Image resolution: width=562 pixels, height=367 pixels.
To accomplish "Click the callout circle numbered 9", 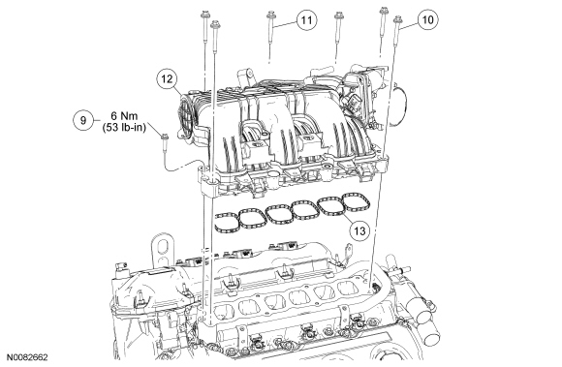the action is (x=83, y=120).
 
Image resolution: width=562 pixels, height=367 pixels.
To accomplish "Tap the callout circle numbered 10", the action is (x=428, y=19).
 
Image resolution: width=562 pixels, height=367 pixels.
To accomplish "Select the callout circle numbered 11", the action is (x=306, y=20).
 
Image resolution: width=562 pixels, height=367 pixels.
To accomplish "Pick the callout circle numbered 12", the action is (x=167, y=78).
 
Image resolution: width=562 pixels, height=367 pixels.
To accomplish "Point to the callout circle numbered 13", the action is (x=359, y=230).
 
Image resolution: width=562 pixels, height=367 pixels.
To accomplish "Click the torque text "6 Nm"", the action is (x=124, y=116).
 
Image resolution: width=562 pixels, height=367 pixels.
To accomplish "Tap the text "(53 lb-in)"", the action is (x=124, y=127).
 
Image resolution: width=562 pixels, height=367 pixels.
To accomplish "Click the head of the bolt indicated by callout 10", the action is (x=397, y=19).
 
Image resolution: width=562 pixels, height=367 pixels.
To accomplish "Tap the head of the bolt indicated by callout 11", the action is (x=270, y=15).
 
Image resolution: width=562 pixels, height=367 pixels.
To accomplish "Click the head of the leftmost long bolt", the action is (x=204, y=15).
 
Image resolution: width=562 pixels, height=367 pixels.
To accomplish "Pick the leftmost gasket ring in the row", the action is (x=227, y=224).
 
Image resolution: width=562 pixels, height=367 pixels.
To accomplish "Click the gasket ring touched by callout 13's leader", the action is (x=330, y=206).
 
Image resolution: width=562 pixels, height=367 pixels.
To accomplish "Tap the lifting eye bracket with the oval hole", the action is (x=163, y=252).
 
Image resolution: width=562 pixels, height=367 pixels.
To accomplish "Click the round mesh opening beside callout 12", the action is (x=186, y=114).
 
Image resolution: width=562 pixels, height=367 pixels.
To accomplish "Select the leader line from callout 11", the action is (x=286, y=23).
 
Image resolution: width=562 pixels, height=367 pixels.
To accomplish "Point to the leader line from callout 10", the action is (x=409, y=24).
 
